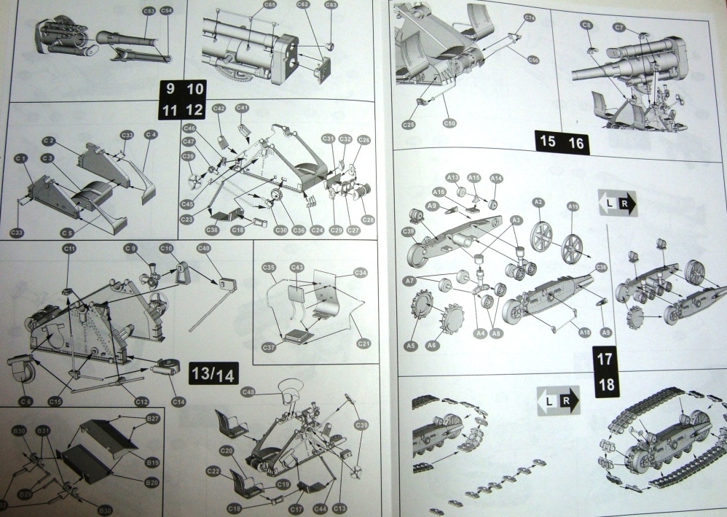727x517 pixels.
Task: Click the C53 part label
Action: click(149, 12)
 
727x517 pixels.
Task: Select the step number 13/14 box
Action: click(212, 374)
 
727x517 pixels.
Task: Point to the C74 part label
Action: click(530, 18)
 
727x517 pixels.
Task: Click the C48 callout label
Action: click(248, 393)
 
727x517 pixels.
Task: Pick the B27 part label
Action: click(153, 419)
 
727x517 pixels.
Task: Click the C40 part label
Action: click(204, 249)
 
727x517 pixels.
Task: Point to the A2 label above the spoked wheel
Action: click(539, 201)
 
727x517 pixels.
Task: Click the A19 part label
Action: click(573, 207)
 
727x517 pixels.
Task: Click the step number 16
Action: click(575, 142)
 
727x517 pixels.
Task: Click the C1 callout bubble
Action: click(20, 158)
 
